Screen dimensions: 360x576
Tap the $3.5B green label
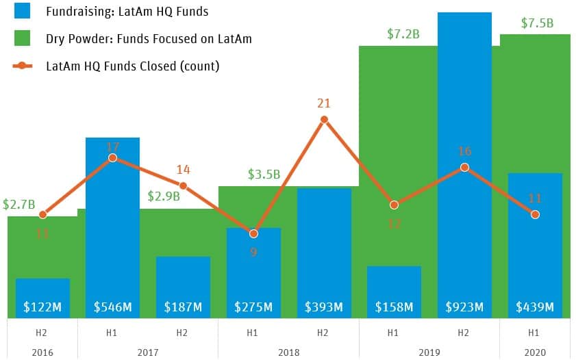coord(264,175)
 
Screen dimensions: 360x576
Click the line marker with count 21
coord(324,120)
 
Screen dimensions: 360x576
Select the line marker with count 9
coord(253,233)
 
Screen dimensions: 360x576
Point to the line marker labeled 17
coord(112,158)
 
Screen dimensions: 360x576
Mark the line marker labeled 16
coord(464,168)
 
